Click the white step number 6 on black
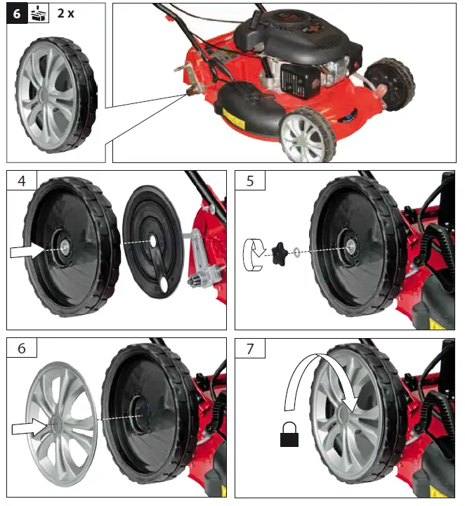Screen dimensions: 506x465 (x=15, y=14)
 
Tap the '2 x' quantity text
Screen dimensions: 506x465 (x=67, y=14)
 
